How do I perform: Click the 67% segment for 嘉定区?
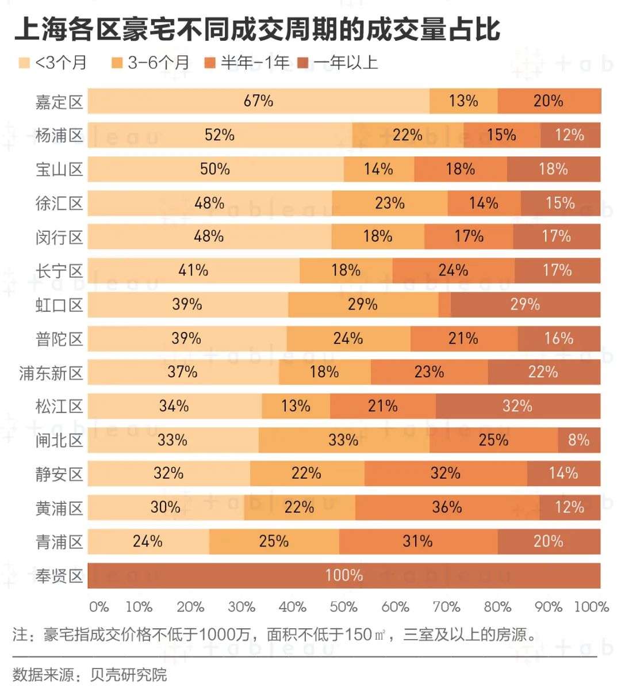coord(258,101)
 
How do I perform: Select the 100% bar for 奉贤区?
coord(344,575)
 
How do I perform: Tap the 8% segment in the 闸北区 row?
coord(579,440)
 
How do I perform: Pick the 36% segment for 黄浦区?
coord(447,507)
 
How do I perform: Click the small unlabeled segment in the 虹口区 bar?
coord(444,304)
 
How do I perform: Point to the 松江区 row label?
coord(59,407)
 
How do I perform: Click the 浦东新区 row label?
coord(51,373)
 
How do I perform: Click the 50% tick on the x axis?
coord(344,607)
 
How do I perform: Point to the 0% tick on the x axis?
coord(99,607)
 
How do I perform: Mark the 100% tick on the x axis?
coord(591,607)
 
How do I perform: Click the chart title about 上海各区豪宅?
coord(257,29)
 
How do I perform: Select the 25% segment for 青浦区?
coord(274,541)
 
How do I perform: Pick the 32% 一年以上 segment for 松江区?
coord(517,407)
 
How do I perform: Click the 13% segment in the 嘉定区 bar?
coord(463,101)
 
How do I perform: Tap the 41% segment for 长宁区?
coord(193,270)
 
